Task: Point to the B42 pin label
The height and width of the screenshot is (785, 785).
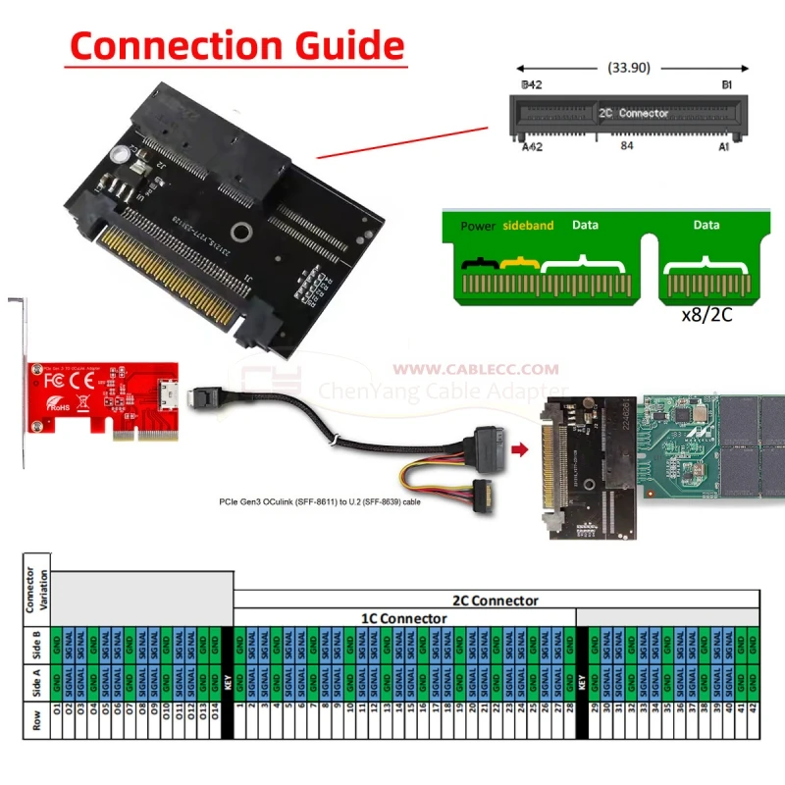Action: [531, 86]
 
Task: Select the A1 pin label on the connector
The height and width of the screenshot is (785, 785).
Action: [723, 146]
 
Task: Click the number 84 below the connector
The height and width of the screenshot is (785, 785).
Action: [628, 145]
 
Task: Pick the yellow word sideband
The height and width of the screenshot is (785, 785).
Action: [528, 225]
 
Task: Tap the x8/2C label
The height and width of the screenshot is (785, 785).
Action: [706, 317]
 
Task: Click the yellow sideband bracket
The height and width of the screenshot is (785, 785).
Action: [517, 263]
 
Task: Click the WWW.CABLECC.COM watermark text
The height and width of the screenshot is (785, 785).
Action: [476, 370]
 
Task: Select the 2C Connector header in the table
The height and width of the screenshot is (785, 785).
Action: [495, 600]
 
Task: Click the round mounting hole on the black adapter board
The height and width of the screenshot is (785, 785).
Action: [239, 234]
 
